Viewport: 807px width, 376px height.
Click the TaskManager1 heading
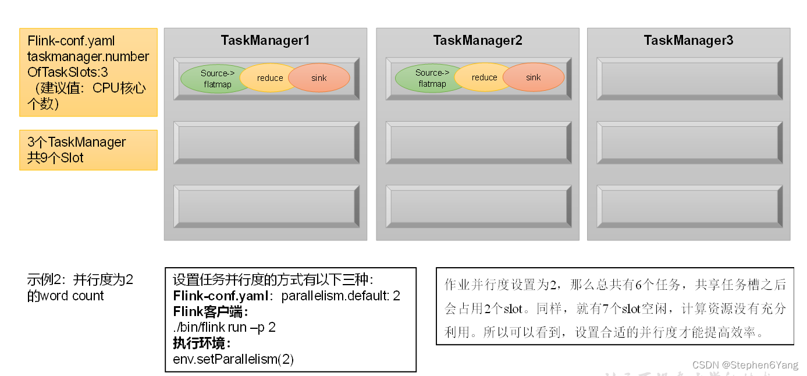(x=265, y=40)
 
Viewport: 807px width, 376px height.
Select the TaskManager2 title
(x=477, y=40)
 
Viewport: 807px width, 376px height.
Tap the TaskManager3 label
(x=688, y=40)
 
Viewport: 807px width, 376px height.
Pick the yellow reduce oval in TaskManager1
(x=269, y=78)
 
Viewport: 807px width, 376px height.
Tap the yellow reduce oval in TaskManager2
(x=484, y=77)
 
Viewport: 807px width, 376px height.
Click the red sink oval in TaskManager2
(x=534, y=77)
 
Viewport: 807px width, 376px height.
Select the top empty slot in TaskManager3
(x=689, y=79)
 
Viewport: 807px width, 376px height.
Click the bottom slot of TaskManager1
(x=266, y=206)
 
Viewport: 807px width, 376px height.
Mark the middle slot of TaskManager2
(x=478, y=143)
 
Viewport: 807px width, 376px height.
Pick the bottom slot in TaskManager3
(x=689, y=206)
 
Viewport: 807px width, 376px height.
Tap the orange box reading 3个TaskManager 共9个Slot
(x=88, y=150)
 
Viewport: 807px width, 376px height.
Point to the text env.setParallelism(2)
(x=233, y=359)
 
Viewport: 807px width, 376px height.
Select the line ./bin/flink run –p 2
(x=224, y=327)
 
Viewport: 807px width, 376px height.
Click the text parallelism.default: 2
(x=341, y=296)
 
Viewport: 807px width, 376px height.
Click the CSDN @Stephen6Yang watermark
(x=745, y=365)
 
